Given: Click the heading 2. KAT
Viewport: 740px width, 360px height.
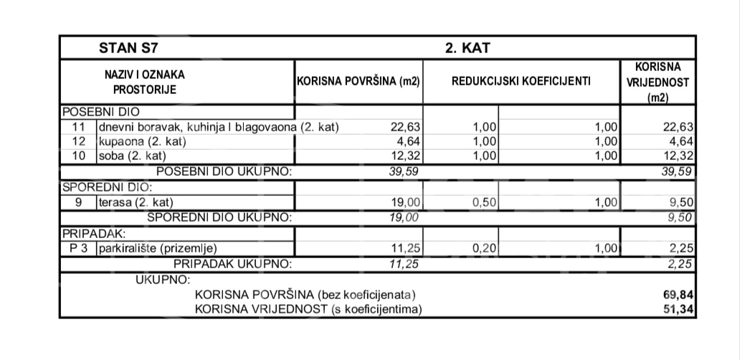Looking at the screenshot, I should [467, 49].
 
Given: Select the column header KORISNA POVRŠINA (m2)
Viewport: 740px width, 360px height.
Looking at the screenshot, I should [358, 82].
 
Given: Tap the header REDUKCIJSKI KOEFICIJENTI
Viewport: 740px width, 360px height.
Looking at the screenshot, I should [521, 82].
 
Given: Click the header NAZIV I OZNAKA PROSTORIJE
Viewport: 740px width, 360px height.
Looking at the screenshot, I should [144, 82].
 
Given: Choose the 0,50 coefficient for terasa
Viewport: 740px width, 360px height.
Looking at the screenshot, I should [485, 203].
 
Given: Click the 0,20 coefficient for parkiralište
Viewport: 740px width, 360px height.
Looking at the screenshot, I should [485, 249].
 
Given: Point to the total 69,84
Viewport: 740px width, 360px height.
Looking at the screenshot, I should [679, 295].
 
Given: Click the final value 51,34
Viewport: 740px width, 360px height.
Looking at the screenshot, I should [679, 309].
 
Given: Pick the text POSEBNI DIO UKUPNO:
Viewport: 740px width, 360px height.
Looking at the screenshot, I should [224, 171].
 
